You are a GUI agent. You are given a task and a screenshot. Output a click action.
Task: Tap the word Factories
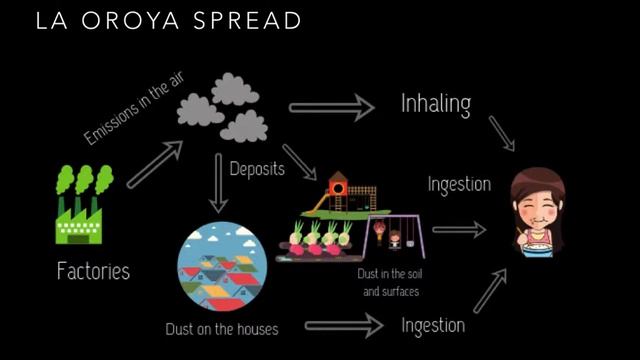pos(93,271)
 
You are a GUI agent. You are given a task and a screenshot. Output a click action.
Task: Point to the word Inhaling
pos(435,104)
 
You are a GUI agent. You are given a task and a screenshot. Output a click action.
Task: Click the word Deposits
pos(257,168)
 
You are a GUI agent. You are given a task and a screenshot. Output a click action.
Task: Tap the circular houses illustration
pos(218,267)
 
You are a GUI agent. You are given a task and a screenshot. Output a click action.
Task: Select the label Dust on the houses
pos(222,328)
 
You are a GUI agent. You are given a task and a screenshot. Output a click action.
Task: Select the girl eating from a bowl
pos(537,212)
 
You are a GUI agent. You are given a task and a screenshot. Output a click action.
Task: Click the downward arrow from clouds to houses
pos(219,184)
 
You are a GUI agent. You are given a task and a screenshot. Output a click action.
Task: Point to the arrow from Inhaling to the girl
pos(501,133)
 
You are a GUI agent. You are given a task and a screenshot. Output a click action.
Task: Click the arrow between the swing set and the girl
pos(459,230)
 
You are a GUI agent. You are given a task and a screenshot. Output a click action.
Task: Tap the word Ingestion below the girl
pos(433,325)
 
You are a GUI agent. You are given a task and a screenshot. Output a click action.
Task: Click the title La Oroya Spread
pos(168,21)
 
